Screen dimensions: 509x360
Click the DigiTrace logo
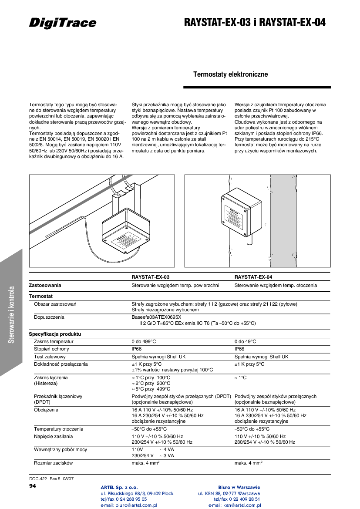pos(63,23)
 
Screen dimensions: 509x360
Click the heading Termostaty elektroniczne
pos(230,74)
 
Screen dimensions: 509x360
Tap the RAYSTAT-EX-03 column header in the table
pos(151,277)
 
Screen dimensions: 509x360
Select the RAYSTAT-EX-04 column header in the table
pos(253,277)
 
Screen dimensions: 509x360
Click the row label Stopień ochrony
pos(51,349)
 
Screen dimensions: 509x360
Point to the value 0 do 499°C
pos(144,342)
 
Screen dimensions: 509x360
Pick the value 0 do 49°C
pos(245,342)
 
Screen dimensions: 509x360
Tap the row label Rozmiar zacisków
pos(53,463)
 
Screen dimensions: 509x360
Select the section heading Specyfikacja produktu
pos(55,334)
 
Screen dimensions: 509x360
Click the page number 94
pos(33,485)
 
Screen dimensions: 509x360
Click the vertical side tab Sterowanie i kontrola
pos(12,314)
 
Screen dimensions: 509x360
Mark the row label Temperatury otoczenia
pos(58,429)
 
